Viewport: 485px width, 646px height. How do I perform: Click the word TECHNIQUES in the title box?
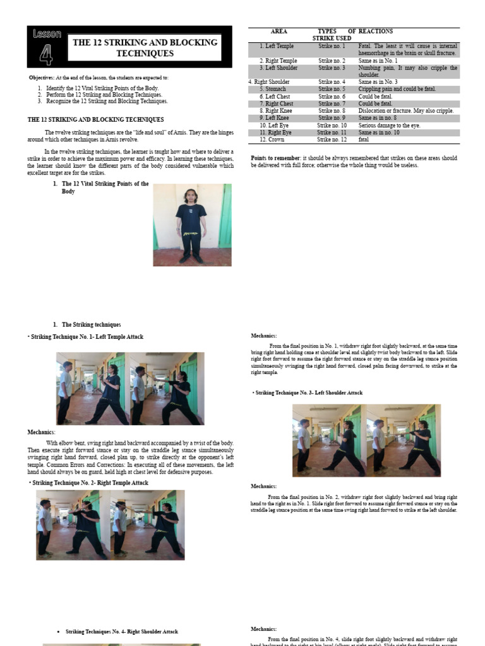(145, 54)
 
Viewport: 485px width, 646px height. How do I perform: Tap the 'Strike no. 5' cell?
(332, 89)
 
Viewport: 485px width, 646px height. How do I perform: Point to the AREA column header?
(278, 31)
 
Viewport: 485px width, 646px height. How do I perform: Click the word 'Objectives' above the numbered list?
(42, 77)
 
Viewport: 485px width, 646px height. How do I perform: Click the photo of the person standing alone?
(192, 225)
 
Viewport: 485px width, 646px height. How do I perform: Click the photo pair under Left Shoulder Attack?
(366, 440)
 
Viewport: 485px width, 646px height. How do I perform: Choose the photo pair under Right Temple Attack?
(111, 525)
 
